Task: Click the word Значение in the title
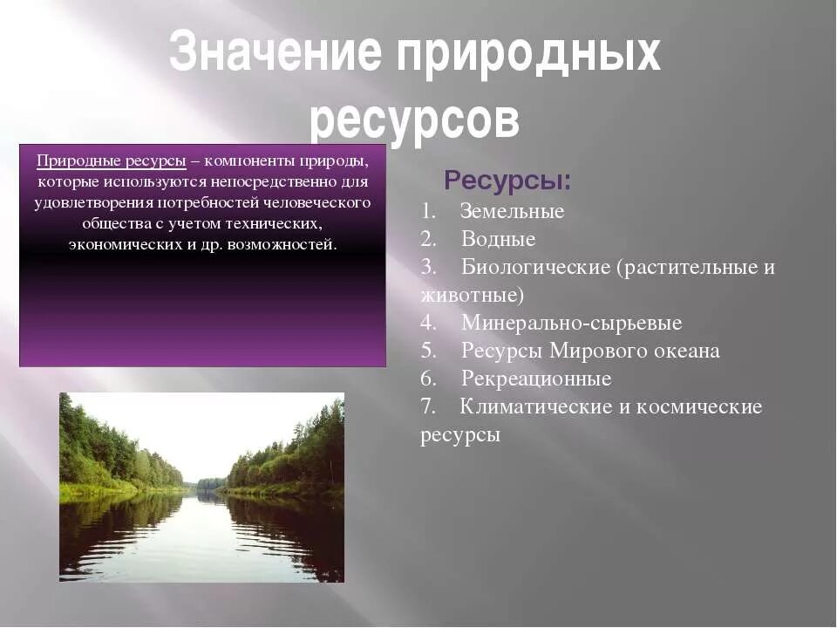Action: [276, 53]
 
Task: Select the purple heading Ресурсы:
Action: [507, 181]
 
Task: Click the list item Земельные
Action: [512, 211]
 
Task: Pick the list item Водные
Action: [498, 239]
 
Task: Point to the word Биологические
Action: [536, 267]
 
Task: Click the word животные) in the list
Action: [472, 295]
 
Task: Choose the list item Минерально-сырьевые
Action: [571, 323]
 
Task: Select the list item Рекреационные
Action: [536, 379]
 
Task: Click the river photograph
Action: [201, 487]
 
